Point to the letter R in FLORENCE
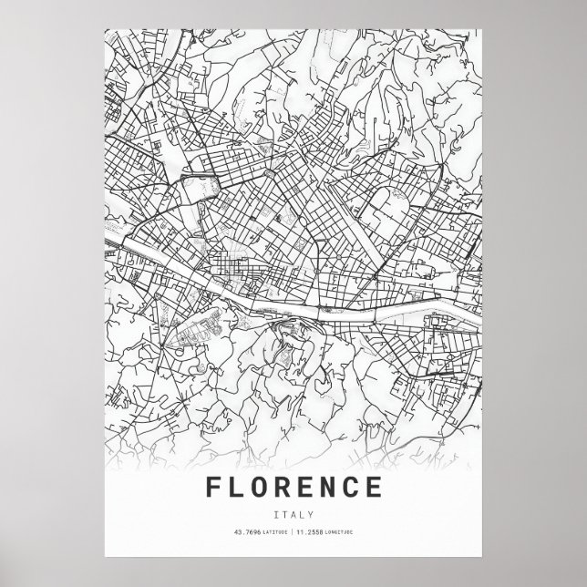pyautogui.click(x=287, y=489)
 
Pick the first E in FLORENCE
pyautogui.click(x=310, y=489)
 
